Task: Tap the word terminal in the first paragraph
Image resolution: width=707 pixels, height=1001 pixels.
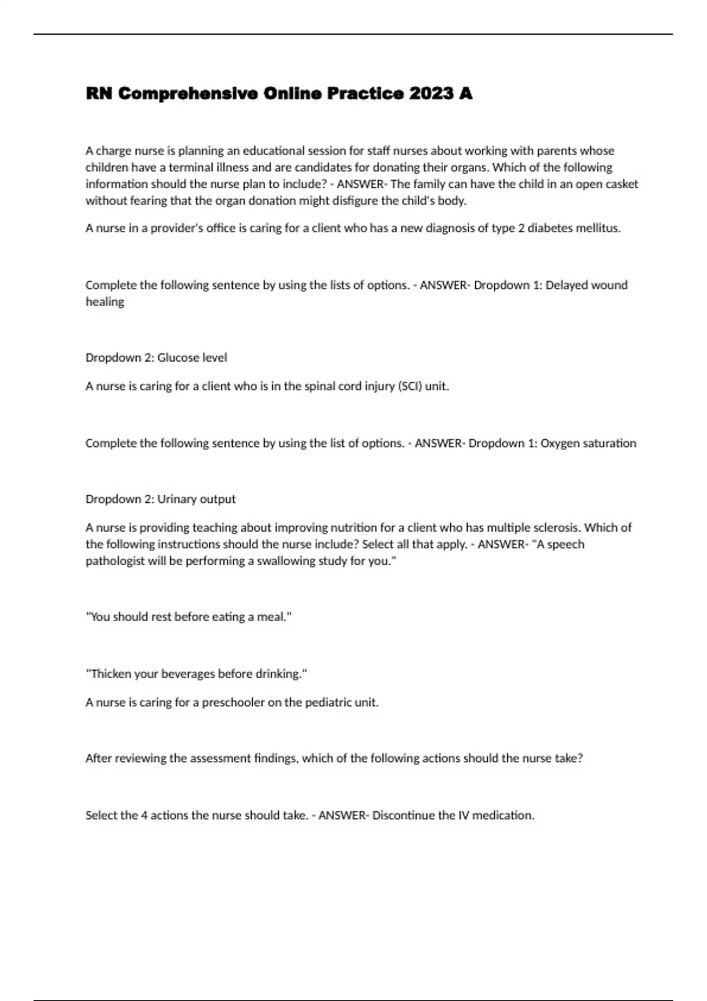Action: tap(189, 167)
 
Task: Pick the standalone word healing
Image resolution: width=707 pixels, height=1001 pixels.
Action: tap(105, 301)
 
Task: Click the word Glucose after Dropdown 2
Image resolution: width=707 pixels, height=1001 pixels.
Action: tap(177, 357)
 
